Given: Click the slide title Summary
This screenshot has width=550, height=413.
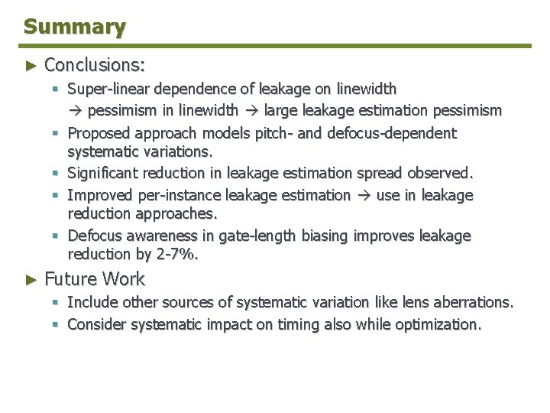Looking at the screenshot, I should pos(74,27).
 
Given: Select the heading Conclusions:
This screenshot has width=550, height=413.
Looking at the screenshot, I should pos(94,63).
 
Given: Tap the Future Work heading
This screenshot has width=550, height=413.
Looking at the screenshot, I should pos(94,278).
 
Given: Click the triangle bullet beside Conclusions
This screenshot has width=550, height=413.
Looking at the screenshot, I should pos(31,63).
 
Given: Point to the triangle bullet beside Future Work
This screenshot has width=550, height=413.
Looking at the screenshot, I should pos(31,278).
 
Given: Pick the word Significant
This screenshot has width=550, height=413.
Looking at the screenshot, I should pos(103,174).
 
